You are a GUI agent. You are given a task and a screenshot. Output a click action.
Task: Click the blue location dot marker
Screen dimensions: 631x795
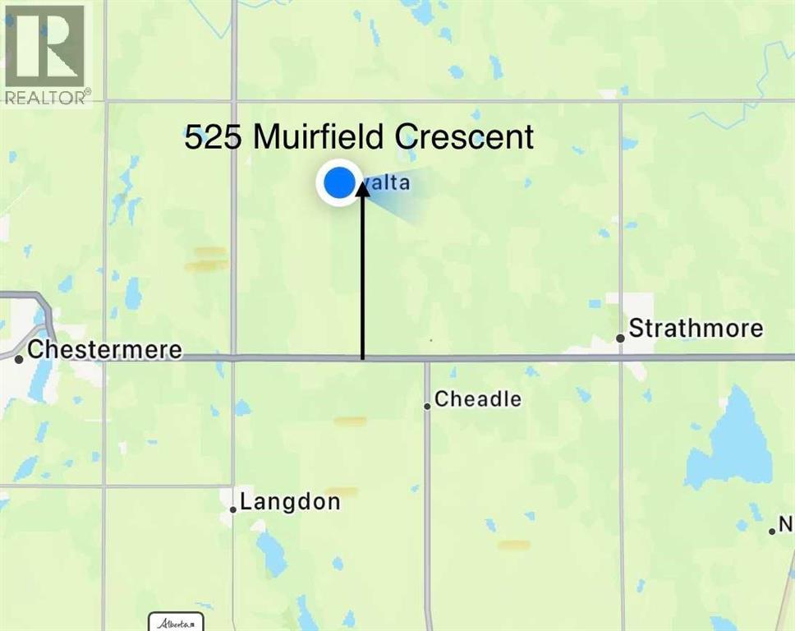pos(338,184)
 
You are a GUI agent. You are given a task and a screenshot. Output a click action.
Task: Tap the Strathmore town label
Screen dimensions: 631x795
pos(696,329)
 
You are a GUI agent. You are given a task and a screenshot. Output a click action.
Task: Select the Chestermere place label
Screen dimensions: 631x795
pos(104,350)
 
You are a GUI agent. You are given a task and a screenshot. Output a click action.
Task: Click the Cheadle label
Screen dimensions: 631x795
pos(478,399)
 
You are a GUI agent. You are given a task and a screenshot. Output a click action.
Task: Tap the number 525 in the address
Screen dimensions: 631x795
pos(212,137)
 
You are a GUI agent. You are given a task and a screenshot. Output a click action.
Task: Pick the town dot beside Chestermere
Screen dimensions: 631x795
pos(19,358)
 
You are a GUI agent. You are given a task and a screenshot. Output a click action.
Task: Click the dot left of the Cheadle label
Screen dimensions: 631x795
pos(427,406)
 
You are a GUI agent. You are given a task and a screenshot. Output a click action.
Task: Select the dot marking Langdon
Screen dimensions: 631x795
pos(233,509)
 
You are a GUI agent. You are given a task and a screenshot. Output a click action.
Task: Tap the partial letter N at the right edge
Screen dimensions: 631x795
pos(786,523)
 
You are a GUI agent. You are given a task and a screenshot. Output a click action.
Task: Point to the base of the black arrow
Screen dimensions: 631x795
pos(362,357)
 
